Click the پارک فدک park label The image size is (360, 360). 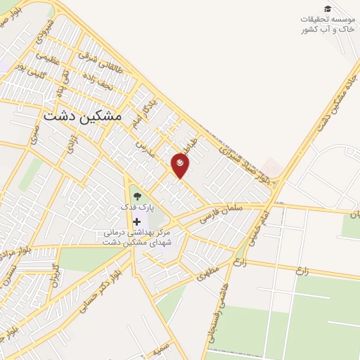click(x=136, y=210)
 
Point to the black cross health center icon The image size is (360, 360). click(x=136, y=221)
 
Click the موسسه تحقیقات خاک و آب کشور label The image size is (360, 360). click(x=325, y=24)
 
